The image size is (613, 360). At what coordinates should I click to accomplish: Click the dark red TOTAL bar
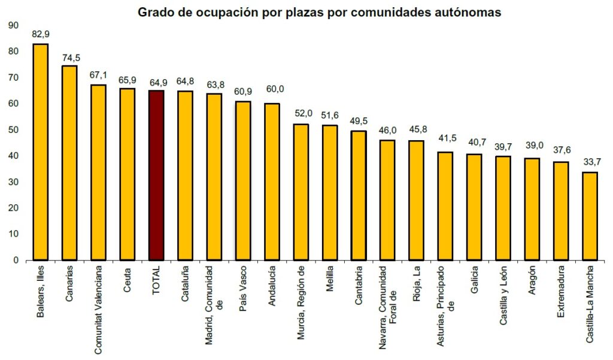pyautogui.click(x=156, y=176)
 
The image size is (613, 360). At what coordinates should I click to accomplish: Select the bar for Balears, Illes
pyautogui.click(x=41, y=152)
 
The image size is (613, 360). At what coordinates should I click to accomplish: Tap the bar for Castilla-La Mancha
pyautogui.click(x=590, y=216)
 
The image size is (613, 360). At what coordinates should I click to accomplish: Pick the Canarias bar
pyautogui.click(x=69, y=163)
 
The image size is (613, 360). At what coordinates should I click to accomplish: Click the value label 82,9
pyautogui.click(x=41, y=35)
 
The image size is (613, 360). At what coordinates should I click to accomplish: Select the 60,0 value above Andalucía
pyautogui.click(x=272, y=89)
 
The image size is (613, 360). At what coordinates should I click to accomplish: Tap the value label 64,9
pyautogui.click(x=156, y=81)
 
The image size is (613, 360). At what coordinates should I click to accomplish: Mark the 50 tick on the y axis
pyautogui.click(x=13, y=129)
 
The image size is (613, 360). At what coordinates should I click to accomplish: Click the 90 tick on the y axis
pyautogui.click(x=13, y=25)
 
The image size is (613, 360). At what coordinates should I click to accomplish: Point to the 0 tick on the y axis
pyautogui.click(x=16, y=260)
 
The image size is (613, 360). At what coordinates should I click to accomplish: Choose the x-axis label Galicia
pyautogui.click(x=474, y=279)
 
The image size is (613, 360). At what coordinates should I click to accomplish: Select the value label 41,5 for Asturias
pyautogui.click(x=445, y=138)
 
